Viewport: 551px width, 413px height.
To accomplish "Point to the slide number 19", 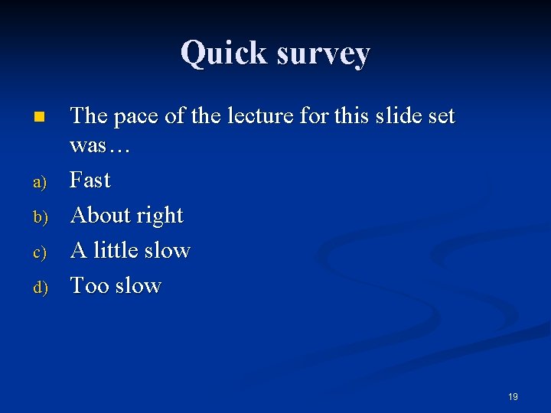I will (x=513, y=396).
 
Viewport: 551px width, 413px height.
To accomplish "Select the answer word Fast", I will (x=90, y=180).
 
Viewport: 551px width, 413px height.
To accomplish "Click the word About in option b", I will (x=99, y=216).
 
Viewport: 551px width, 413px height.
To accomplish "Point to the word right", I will (x=159, y=216).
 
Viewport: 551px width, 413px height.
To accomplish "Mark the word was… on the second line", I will (x=100, y=145).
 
